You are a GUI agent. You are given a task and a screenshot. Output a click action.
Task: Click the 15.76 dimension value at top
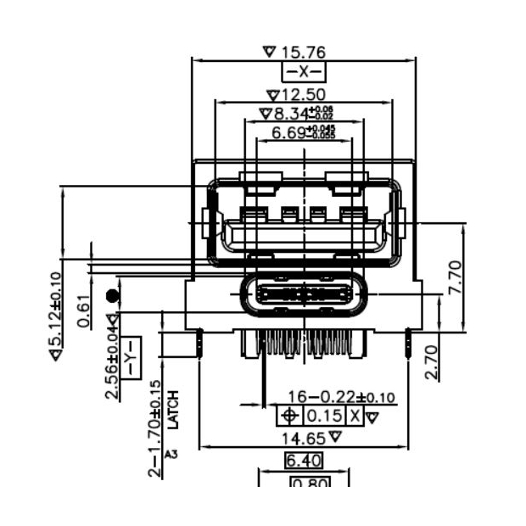[303, 53]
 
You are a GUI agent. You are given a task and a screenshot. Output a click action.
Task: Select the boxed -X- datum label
[303, 72]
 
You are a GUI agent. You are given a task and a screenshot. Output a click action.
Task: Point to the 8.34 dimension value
[291, 113]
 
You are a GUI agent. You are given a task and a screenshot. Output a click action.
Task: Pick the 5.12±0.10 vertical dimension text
[55, 316]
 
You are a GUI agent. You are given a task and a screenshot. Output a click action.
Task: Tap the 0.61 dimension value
[84, 311]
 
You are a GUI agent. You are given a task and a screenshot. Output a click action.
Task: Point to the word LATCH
[173, 408]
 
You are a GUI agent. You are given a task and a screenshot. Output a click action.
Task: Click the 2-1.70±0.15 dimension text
[154, 428]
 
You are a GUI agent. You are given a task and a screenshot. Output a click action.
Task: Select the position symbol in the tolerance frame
[289, 417]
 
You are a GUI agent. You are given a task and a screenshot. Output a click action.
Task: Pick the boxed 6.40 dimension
[303, 461]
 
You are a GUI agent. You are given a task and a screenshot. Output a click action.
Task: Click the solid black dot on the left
[111, 296]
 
